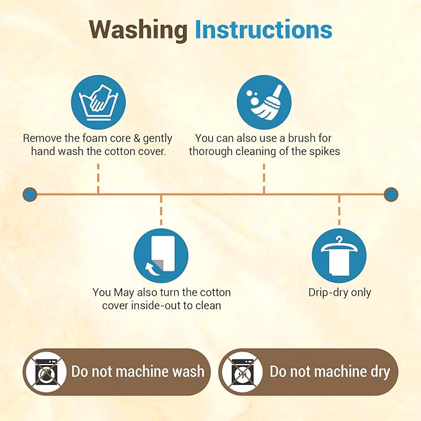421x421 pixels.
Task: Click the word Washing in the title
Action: click(x=138, y=30)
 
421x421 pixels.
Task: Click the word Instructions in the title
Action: click(x=264, y=29)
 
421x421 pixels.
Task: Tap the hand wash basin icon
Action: click(x=98, y=102)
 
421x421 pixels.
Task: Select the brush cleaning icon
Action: click(x=264, y=102)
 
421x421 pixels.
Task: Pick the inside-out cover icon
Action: click(x=161, y=255)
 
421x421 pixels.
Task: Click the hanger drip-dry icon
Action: click(x=339, y=255)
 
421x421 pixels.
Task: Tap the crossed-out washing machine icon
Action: click(x=46, y=371)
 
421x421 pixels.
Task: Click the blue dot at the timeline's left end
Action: click(x=30, y=194)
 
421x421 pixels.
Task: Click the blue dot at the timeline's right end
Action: click(x=391, y=194)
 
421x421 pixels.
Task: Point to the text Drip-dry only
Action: click(x=340, y=293)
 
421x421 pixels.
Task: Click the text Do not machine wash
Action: click(x=138, y=371)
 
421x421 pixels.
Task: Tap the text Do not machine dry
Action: click(x=330, y=372)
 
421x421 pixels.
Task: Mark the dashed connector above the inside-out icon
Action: click(x=161, y=210)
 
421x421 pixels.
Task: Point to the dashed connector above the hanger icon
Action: click(x=339, y=210)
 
